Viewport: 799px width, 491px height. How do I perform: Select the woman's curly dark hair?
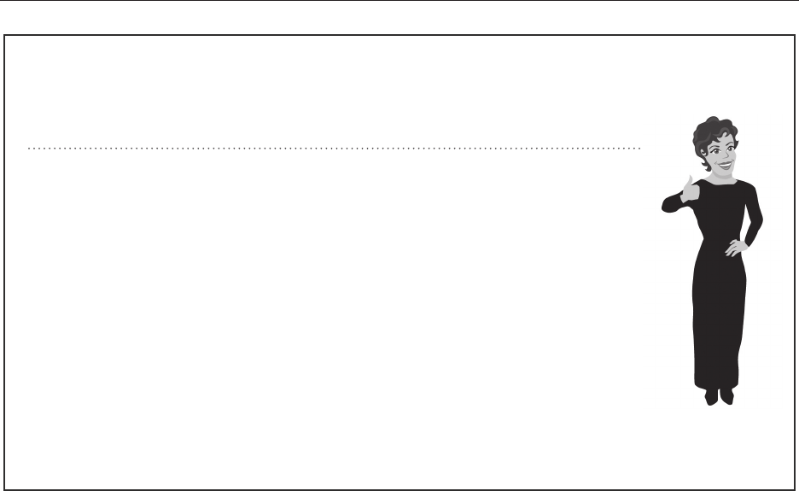coord(713,132)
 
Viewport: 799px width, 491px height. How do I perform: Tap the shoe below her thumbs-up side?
coord(711,397)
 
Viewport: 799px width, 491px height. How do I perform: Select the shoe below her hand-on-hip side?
coord(726,397)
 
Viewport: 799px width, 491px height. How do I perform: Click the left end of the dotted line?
coord(28,149)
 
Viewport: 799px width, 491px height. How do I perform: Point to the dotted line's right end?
coord(640,149)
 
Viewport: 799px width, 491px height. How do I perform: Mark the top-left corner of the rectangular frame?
coord(5,36)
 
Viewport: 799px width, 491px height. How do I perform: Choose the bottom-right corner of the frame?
coord(796,489)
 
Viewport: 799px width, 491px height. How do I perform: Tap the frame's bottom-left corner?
coord(5,489)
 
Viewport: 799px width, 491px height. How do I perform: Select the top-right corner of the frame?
coord(796,36)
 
